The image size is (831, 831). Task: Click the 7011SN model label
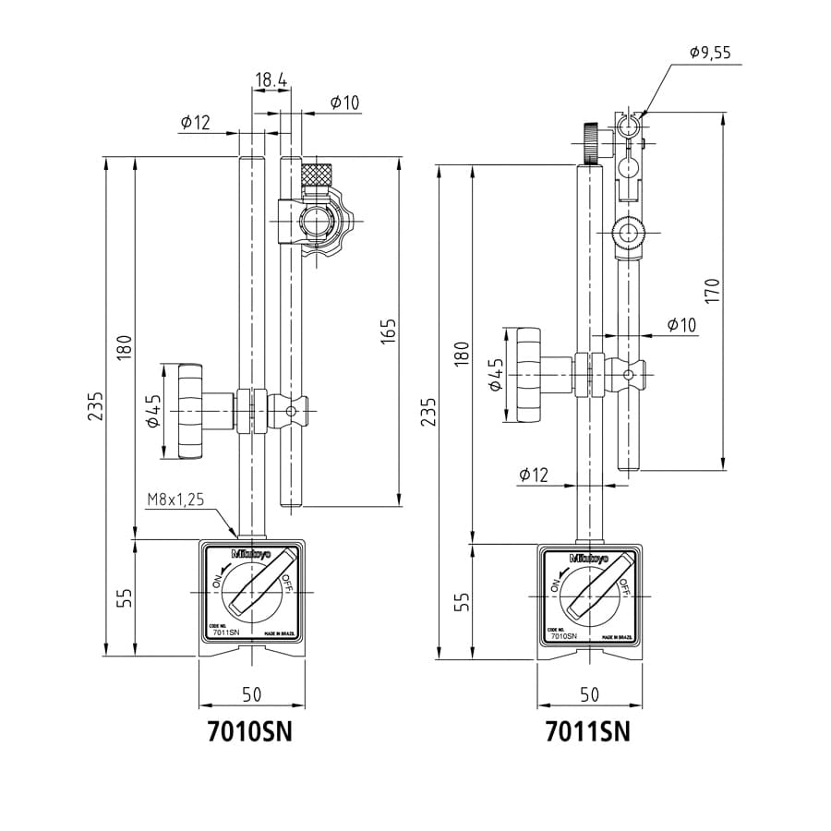587,731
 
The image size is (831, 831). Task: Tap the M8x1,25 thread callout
175,500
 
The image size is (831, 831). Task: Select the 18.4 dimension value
270,80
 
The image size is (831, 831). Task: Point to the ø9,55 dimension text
709,53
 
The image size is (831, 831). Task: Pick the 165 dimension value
388,333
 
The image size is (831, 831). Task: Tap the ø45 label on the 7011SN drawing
495,374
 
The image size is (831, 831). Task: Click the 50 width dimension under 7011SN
588,694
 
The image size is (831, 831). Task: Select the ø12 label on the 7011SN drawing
533,475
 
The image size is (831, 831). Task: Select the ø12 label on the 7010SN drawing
196,122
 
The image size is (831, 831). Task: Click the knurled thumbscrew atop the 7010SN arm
318,173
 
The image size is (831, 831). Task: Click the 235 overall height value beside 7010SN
96,406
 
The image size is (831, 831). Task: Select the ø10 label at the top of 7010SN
343,102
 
